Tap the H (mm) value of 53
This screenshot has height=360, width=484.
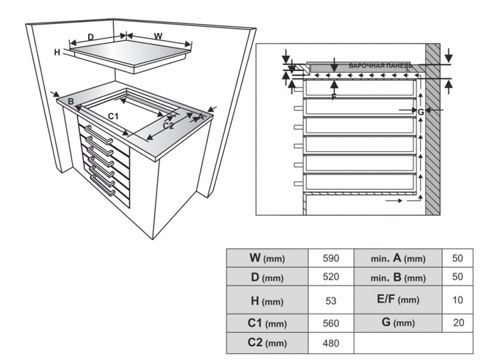(x=331, y=301)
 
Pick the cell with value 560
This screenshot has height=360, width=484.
(x=331, y=324)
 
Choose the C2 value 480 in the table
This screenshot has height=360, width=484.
(x=331, y=344)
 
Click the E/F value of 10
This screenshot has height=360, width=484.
(x=457, y=301)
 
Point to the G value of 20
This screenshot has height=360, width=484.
(x=457, y=323)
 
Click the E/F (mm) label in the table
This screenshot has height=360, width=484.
(x=398, y=301)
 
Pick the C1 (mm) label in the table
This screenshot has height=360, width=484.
(x=266, y=324)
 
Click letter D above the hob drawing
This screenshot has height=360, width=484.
(x=91, y=36)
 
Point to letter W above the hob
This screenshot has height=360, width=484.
(x=158, y=35)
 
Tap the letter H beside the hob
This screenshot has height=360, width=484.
(x=58, y=52)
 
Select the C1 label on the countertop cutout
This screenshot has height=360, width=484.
(x=113, y=117)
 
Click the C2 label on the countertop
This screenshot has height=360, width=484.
(x=168, y=125)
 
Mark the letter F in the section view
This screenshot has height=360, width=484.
(x=334, y=97)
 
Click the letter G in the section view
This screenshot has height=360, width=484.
(x=421, y=112)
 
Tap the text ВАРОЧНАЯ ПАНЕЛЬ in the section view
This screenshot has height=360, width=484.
(x=380, y=66)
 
